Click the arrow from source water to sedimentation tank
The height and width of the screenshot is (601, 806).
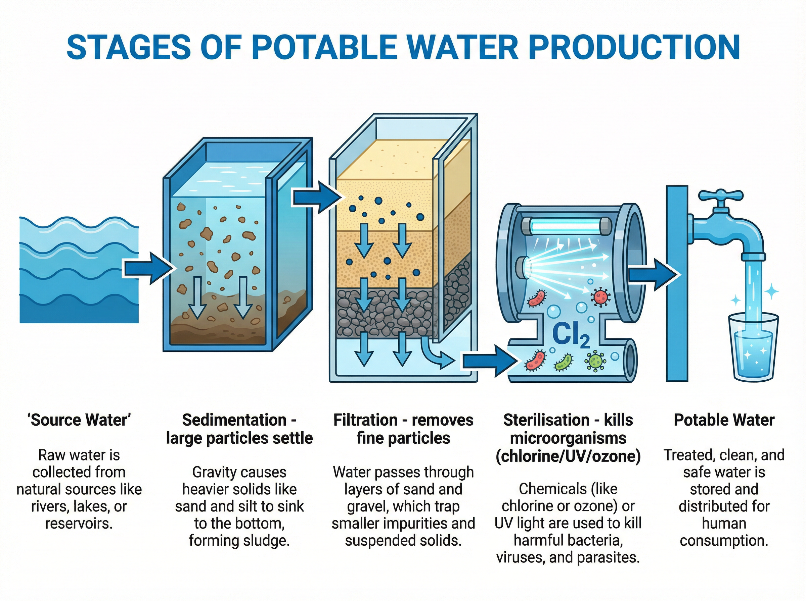point(147,269)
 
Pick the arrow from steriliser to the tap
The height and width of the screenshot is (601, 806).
point(654,275)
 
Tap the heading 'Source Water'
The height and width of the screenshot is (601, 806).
point(79,420)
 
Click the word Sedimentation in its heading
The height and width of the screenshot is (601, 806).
point(234,420)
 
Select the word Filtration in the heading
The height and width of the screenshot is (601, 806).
point(365,420)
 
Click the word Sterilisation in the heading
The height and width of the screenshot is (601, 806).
point(546,420)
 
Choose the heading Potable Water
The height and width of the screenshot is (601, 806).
point(724,420)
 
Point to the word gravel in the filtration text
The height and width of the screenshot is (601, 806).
point(367,506)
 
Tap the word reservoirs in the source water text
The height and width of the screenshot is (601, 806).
point(78,524)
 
